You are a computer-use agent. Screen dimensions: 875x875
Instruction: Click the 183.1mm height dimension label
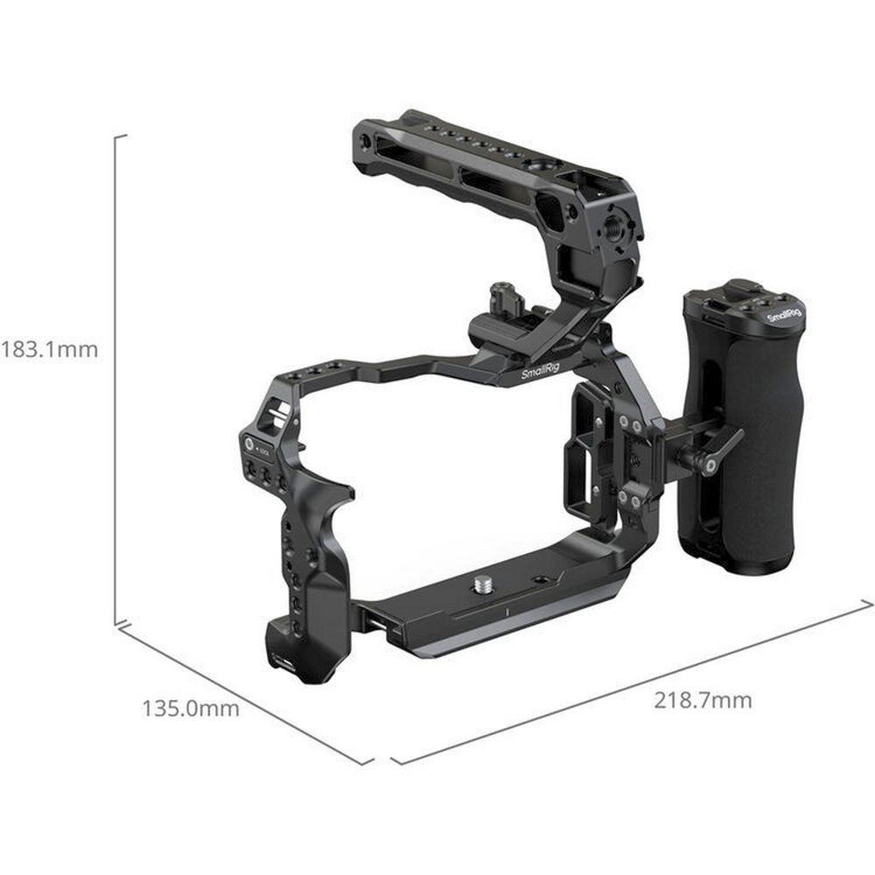(x=49, y=350)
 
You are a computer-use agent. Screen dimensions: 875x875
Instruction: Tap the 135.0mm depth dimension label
(x=191, y=709)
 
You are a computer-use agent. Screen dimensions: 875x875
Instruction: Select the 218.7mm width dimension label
(x=703, y=700)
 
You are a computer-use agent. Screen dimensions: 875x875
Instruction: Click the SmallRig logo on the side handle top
(x=785, y=315)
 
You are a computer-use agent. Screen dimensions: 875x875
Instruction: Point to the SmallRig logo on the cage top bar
(x=539, y=371)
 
